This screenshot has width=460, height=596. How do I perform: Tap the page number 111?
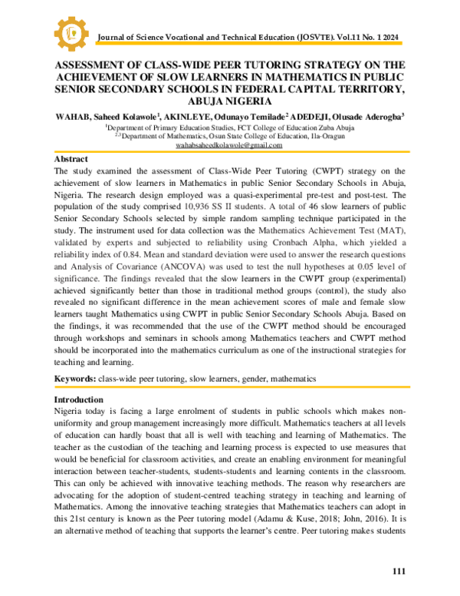(399, 572)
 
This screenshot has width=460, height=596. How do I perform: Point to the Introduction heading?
(79, 400)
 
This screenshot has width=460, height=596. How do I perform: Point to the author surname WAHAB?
(75, 118)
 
